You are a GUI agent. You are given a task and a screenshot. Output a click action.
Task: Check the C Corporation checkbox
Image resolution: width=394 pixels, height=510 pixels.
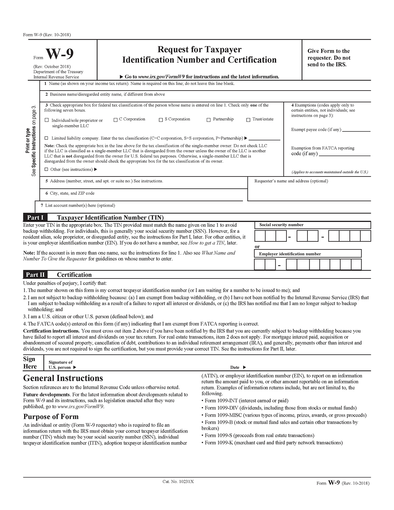(x=116, y=120)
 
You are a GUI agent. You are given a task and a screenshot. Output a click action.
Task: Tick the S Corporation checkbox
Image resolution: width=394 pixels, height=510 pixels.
(x=161, y=120)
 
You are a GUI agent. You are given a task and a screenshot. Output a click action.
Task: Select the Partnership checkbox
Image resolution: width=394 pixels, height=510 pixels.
(x=209, y=120)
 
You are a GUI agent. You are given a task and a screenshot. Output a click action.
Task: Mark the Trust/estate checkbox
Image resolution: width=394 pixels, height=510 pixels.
(x=248, y=120)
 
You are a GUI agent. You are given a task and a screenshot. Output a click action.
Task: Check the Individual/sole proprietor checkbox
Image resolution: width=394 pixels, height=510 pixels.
(x=47, y=120)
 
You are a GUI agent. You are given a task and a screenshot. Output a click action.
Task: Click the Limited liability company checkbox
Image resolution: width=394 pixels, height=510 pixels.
(x=46, y=138)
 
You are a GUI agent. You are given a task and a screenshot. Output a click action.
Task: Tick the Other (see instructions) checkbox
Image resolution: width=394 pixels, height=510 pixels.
(x=46, y=169)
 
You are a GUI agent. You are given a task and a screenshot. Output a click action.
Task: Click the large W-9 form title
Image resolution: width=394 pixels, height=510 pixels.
(x=60, y=54)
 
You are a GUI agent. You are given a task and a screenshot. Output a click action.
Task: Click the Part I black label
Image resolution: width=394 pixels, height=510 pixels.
(x=35, y=218)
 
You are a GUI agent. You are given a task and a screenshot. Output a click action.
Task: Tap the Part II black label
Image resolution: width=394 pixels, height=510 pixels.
(x=35, y=275)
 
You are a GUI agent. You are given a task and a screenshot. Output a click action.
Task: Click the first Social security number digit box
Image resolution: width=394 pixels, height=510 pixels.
(x=260, y=236)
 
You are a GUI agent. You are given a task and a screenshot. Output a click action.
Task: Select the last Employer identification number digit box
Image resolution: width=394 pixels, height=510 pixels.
(x=356, y=265)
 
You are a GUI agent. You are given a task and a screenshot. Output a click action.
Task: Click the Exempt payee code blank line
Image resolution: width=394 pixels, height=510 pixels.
(x=356, y=130)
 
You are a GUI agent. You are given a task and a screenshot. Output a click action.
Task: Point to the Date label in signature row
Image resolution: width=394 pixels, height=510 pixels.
(x=235, y=368)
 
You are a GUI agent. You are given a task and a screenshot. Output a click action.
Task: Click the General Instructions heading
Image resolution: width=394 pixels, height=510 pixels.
(x=63, y=378)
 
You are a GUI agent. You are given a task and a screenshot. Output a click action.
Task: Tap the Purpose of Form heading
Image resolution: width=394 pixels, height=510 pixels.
(x=51, y=417)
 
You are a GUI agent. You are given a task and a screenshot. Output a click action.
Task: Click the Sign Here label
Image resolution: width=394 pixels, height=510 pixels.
(x=30, y=363)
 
